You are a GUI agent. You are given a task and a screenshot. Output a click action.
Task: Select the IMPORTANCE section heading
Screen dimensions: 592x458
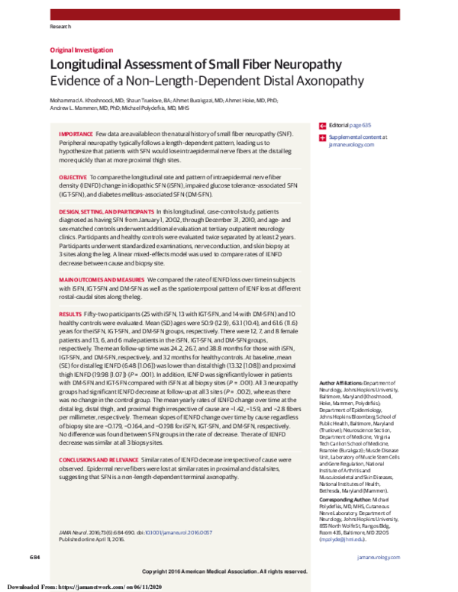(76, 133)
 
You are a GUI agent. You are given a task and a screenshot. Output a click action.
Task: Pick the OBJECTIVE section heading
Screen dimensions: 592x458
(73, 176)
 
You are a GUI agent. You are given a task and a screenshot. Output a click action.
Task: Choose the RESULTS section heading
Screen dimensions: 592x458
(70, 314)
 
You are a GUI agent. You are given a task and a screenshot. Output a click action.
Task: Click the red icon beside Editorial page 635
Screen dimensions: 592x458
(321, 124)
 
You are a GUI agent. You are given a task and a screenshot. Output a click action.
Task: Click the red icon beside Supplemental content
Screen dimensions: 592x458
(321, 137)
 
